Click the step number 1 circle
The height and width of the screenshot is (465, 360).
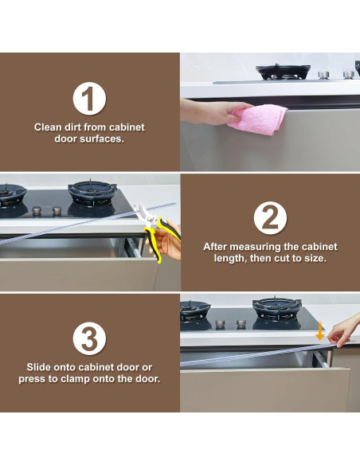click(89, 99)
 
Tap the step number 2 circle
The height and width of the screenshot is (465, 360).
click(270, 218)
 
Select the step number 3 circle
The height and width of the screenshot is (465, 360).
click(89, 338)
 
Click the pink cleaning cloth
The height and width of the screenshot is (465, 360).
click(257, 120)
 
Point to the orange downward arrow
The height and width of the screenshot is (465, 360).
click(319, 330)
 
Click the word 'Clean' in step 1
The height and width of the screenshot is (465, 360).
click(48, 127)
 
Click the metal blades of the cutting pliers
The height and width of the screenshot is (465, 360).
click(143, 213)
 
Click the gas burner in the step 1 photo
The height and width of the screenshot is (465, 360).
click(284, 72)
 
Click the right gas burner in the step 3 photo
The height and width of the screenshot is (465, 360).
click(277, 310)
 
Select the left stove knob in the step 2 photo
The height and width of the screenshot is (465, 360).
click(37, 211)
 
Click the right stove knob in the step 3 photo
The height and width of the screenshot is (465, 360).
click(241, 324)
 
